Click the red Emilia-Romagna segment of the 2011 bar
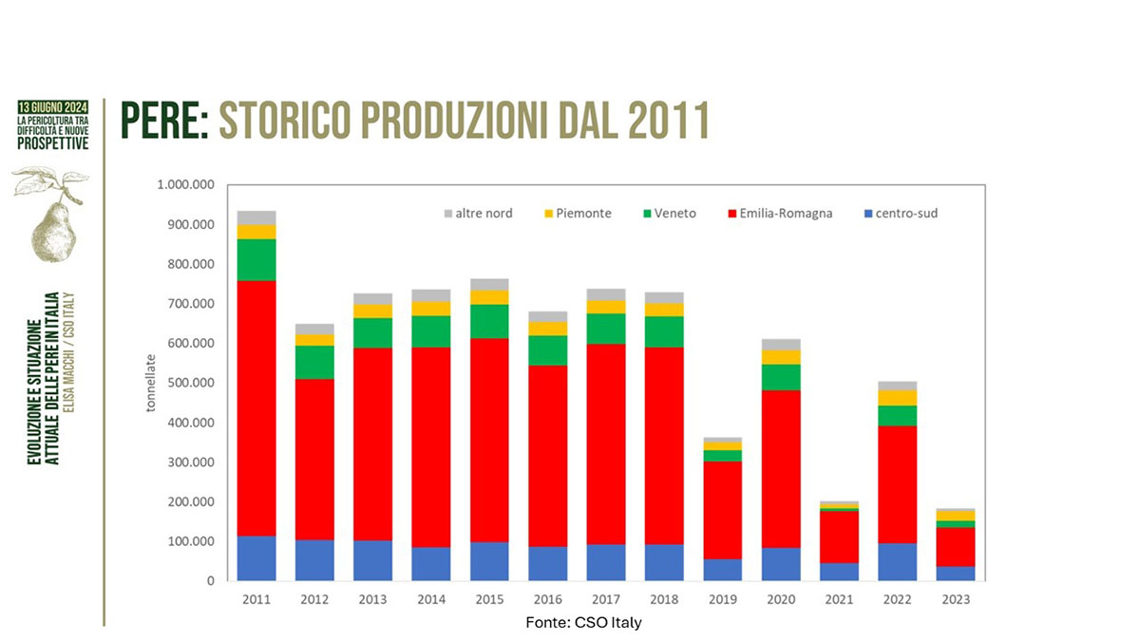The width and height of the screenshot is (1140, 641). [x=256, y=408]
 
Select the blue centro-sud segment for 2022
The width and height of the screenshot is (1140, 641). [x=898, y=561]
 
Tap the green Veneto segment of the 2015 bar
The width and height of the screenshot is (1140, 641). [x=488, y=321]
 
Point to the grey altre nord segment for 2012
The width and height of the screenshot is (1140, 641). [x=314, y=329]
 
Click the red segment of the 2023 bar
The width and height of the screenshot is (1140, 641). [x=956, y=547]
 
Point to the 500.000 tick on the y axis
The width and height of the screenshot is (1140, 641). [x=188, y=383]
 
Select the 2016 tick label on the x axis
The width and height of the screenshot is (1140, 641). [x=547, y=600]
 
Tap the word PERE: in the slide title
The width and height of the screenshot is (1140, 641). [x=164, y=123]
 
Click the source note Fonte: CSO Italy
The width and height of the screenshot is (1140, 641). [x=589, y=622]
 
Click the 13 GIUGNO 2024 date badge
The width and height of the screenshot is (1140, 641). [x=53, y=105]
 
